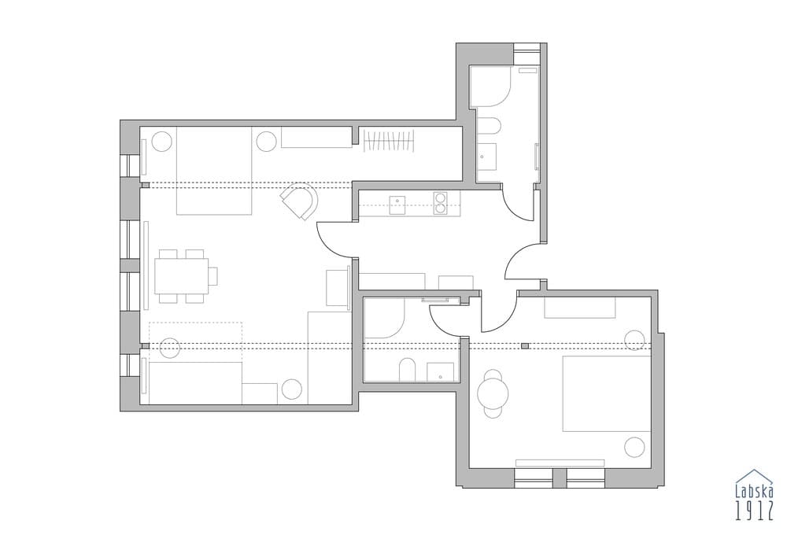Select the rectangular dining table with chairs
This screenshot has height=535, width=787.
pyautogui.click(x=180, y=276)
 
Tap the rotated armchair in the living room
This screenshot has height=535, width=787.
pyautogui.click(x=300, y=201)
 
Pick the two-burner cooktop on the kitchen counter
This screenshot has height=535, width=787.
pyautogui.click(x=441, y=203)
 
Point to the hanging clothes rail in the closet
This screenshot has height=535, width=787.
pyautogui.click(x=390, y=142)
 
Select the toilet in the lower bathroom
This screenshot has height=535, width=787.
pyautogui.click(x=408, y=370)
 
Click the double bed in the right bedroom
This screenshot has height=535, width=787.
pyautogui.click(x=607, y=393)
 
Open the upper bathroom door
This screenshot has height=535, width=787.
pyautogui.click(x=519, y=205)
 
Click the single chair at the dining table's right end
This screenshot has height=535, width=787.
pyautogui.click(x=212, y=276)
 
